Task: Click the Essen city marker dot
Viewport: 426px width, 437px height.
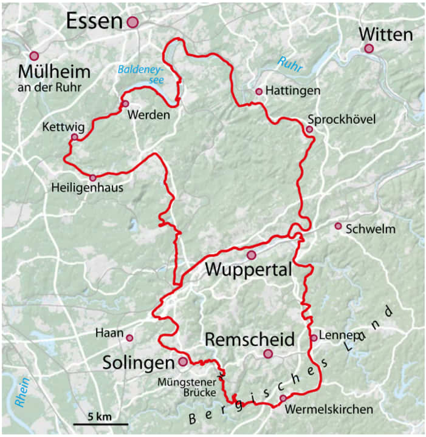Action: pyautogui.click(x=132, y=22)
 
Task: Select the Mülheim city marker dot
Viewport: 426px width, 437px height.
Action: pyautogui.click(x=34, y=56)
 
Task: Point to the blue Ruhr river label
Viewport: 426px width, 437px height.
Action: pyautogui.click(x=289, y=63)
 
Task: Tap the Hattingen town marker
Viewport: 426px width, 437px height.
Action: pyautogui.click(x=259, y=92)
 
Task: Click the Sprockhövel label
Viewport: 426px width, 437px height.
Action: pyautogui.click(x=342, y=119)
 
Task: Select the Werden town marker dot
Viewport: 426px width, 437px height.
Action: pyautogui.click(x=125, y=104)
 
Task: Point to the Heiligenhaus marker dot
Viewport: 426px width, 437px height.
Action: pyautogui.click(x=92, y=178)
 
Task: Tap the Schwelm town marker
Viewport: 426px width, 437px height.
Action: pyautogui.click(x=338, y=226)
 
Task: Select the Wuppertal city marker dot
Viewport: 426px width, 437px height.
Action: pyautogui.click(x=251, y=254)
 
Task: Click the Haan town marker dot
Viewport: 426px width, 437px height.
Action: pyautogui.click(x=129, y=337)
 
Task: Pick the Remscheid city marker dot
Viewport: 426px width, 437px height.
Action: pyautogui.click(x=268, y=354)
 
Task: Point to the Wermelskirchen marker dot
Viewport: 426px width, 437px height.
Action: pyautogui.click(x=283, y=398)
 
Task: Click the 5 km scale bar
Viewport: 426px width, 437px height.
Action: pyautogui.click(x=101, y=423)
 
